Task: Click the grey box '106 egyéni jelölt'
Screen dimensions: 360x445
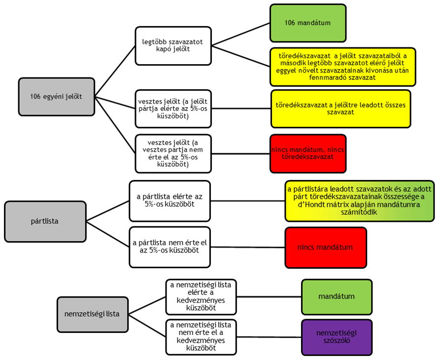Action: pyautogui.click(x=56, y=97)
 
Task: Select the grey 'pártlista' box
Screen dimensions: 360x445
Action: pyautogui.click(x=44, y=220)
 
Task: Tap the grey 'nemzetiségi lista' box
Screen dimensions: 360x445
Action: pyautogui.click(x=92, y=314)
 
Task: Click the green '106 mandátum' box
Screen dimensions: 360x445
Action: pyautogui.click(x=308, y=23)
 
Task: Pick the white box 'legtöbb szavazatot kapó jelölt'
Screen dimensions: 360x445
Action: pyautogui.click(x=173, y=46)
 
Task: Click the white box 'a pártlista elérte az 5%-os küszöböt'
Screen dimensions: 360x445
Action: pyautogui.click(x=170, y=200)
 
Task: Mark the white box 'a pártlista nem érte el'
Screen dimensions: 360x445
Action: pyautogui.click(x=170, y=247)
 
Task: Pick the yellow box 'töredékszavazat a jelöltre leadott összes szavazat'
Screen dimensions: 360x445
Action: pyautogui.click(x=341, y=108)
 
